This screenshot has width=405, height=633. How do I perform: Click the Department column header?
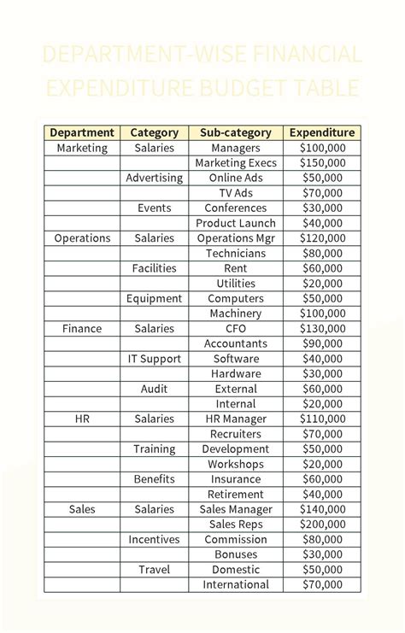(82, 132)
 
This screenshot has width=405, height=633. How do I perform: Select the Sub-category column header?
(236, 132)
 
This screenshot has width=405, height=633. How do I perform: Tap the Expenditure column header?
(322, 132)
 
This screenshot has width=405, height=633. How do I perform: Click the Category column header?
(155, 132)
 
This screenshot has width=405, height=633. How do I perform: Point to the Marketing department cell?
(82, 148)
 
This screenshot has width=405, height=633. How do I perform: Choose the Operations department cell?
(82, 238)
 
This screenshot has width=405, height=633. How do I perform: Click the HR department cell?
(82, 419)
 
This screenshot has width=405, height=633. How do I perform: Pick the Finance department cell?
(82, 328)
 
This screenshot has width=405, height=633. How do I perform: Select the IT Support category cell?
(155, 359)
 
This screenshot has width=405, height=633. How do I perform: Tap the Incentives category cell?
(155, 539)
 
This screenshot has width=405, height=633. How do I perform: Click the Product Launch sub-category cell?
(236, 223)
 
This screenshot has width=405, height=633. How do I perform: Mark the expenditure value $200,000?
(322, 525)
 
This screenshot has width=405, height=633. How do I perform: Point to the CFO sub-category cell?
(236, 328)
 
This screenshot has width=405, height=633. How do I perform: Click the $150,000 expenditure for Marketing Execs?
(322, 163)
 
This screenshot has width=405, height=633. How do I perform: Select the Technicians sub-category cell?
(236, 253)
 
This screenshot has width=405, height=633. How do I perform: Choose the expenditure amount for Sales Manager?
(322, 509)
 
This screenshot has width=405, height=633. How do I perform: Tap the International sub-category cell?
(236, 584)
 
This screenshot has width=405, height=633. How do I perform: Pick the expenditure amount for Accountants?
(322, 343)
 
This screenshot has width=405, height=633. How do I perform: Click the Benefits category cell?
(155, 479)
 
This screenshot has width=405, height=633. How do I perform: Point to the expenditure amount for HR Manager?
(322, 419)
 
